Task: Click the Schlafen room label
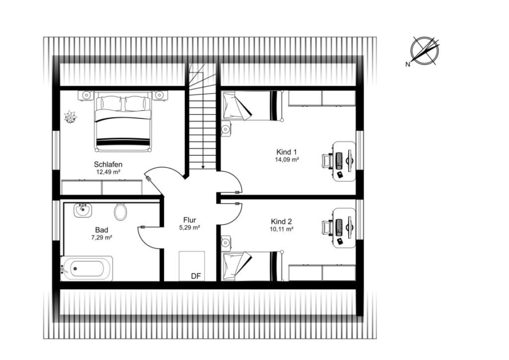tap(108, 164)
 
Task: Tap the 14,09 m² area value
tap(287, 160)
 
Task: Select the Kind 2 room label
tap(281, 221)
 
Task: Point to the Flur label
tap(189, 220)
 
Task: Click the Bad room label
tap(102, 230)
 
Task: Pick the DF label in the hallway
tap(196, 276)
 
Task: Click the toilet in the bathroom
tap(120, 212)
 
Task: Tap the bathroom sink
tap(83, 210)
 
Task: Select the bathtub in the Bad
tap(87, 268)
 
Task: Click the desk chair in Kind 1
tap(327, 161)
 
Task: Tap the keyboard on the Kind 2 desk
tap(339, 228)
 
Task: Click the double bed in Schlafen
tap(123, 121)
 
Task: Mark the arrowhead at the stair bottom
tap(203, 167)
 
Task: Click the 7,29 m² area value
tap(102, 238)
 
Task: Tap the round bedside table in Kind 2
tap(226, 243)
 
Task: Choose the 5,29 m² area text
tap(189, 228)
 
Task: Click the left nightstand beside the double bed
tap(87, 95)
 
